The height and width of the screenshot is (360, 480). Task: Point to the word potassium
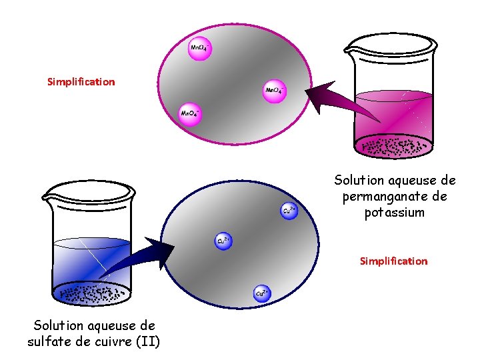394,213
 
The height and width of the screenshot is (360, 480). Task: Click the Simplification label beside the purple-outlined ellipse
81,82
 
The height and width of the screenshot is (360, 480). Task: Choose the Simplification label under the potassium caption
393,261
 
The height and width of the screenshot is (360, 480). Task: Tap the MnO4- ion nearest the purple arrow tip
274,90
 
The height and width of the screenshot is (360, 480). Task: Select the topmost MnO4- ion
199,48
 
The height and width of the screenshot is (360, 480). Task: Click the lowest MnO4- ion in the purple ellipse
189,113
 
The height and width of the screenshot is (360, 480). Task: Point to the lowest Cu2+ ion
262,293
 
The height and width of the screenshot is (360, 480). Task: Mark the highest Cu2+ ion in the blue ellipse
289,210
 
